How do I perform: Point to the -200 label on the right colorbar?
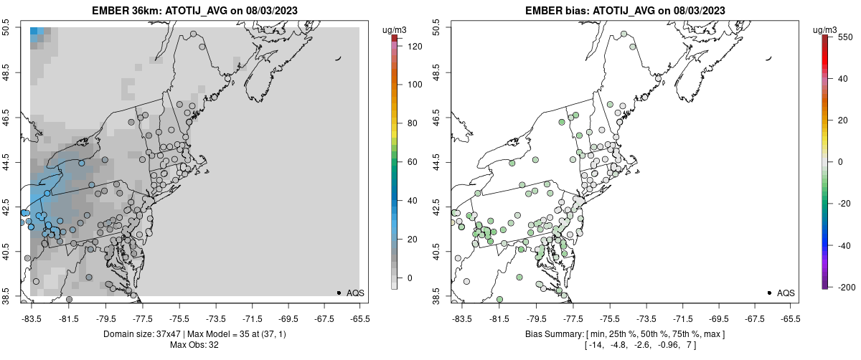click(x=847, y=287)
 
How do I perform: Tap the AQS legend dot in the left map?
click(x=338, y=293)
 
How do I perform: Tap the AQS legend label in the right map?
click(x=786, y=293)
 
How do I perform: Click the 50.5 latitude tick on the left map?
click(x=6, y=28)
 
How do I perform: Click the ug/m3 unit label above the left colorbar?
click(x=396, y=29)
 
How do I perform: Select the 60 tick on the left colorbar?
click(x=413, y=162)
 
